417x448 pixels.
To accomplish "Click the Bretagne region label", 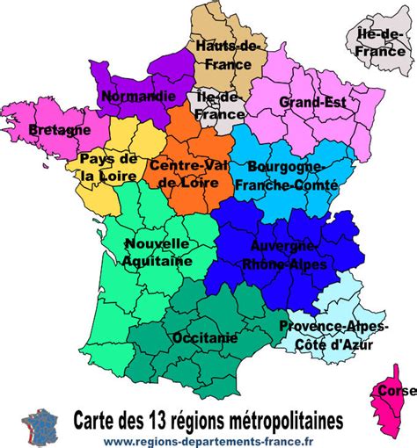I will click(59, 130).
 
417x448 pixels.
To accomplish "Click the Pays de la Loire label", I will click(107, 167).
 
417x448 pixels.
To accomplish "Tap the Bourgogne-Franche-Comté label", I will click(288, 174).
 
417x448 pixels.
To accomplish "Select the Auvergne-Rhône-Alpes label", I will click(288, 255).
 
